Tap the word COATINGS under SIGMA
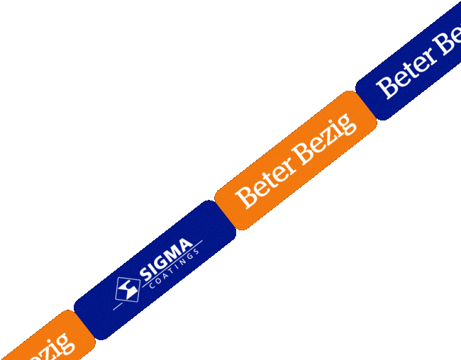[x=174, y=272]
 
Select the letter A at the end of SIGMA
[x=185, y=247]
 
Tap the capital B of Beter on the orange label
[x=244, y=197]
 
